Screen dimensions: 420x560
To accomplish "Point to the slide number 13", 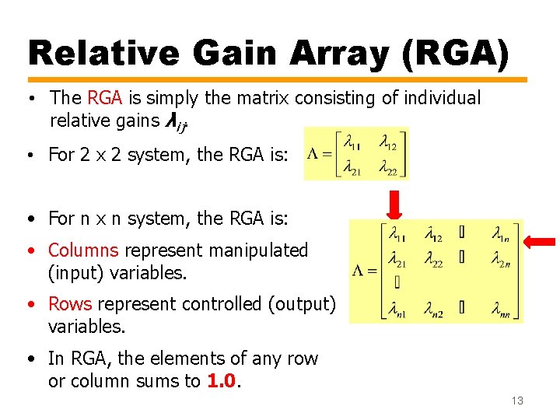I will click(x=517, y=401).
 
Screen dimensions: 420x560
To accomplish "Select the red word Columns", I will click(x=83, y=250).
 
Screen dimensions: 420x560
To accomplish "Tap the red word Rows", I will click(x=70, y=304).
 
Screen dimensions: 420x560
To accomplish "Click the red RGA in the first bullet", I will click(x=105, y=98).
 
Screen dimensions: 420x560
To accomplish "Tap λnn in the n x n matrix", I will click(x=502, y=311).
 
